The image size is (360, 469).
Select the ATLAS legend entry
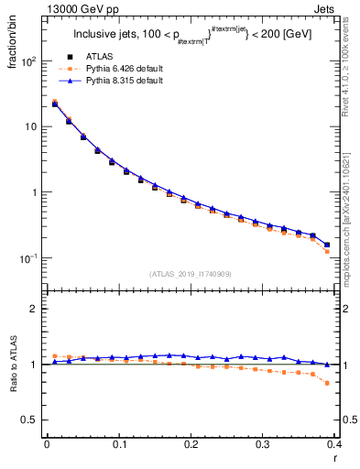click(104, 57)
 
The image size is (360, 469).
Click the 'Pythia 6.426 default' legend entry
click(125, 69)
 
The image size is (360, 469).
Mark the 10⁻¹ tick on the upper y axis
click(27, 258)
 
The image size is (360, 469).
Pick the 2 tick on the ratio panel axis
click(35, 309)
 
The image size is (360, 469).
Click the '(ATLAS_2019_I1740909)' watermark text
click(190, 273)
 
